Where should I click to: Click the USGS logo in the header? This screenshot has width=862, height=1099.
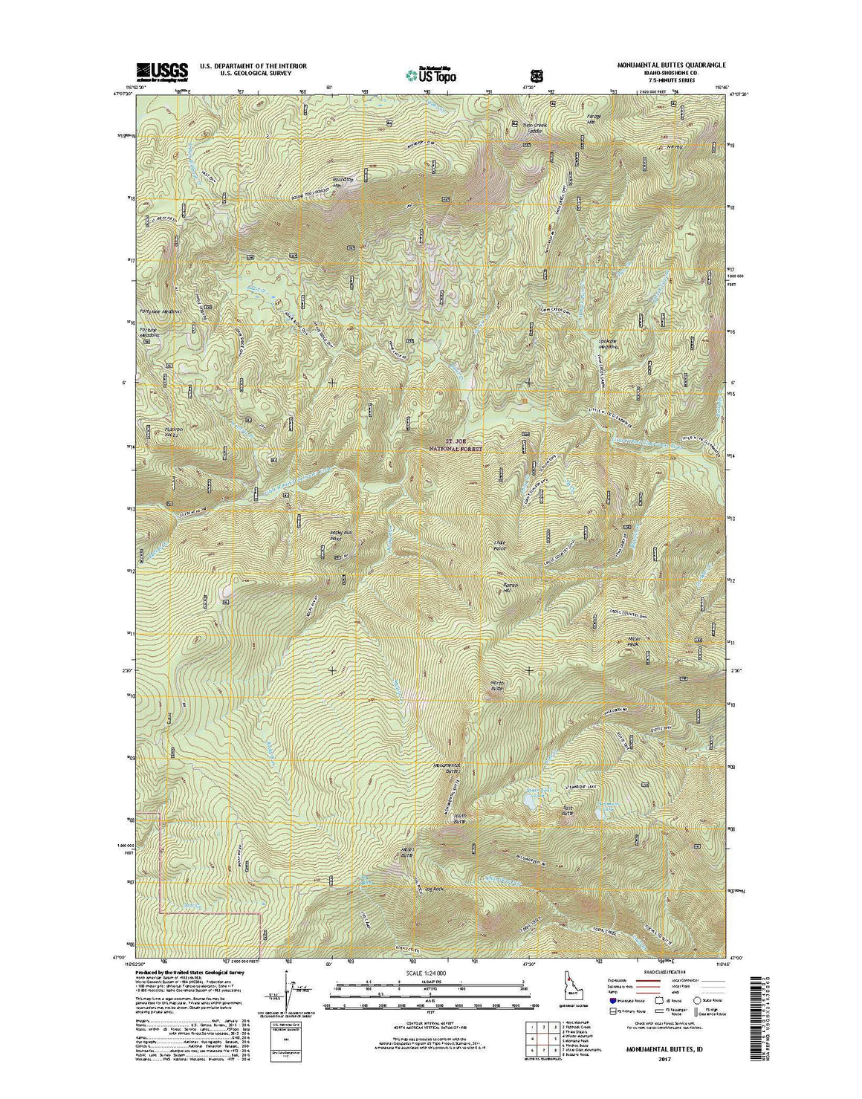pos(161,70)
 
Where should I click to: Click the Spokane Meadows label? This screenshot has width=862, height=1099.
pos(609,345)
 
